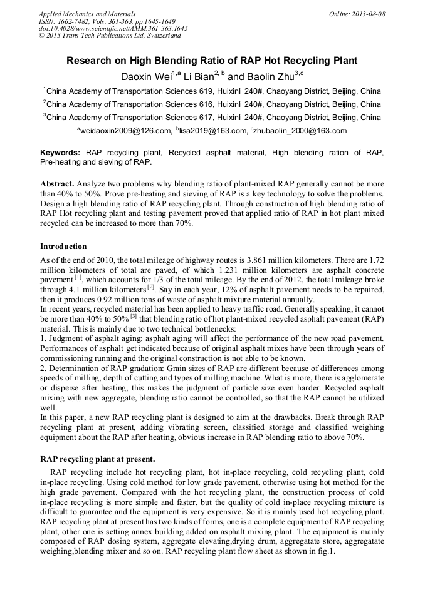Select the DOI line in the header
tap(113, 28)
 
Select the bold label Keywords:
tap(60, 153)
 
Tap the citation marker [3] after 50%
tap(134, 317)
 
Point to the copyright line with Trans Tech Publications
tap(110, 36)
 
